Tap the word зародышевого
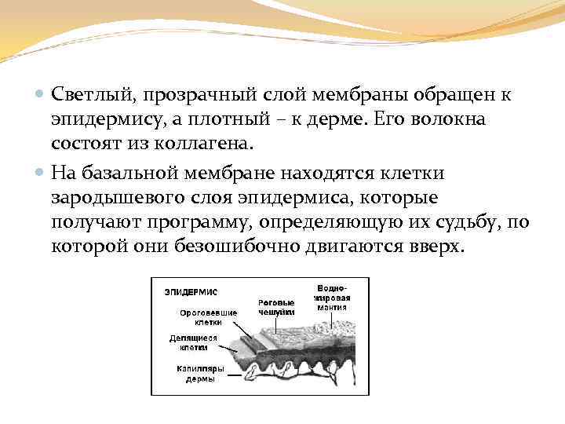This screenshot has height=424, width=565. coord(116,196)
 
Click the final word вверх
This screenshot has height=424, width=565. coord(434,247)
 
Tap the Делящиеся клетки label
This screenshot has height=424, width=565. coord(193,342)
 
